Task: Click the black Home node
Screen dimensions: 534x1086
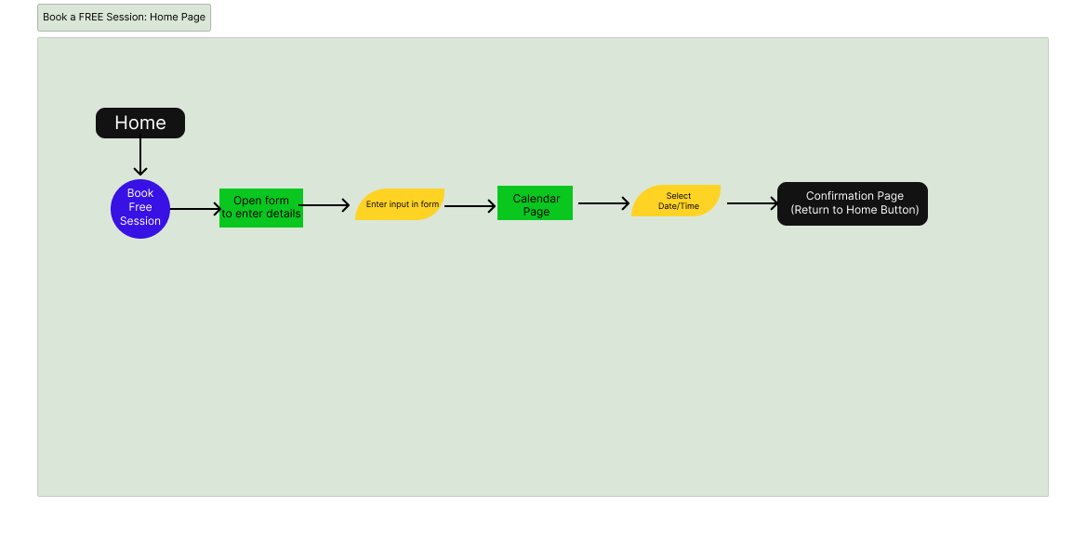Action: point(140,123)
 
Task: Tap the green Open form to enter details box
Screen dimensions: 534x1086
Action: point(261,208)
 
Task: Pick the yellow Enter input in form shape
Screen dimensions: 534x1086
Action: point(400,204)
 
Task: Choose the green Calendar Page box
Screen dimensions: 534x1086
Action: point(535,203)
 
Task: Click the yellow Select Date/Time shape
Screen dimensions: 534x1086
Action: point(676,201)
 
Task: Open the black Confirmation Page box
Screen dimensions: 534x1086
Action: point(853,203)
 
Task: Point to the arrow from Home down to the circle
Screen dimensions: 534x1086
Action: point(140,156)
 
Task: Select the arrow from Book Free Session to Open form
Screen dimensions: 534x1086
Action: point(195,209)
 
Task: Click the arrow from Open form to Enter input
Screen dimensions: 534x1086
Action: point(325,205)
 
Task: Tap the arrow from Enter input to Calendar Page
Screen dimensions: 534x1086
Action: point(470,206)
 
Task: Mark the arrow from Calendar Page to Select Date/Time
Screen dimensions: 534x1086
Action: point(603,203)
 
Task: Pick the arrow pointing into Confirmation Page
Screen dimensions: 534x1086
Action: point(752,203)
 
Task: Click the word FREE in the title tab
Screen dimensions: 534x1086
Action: point(93,18)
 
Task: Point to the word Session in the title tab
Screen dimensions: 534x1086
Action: point(127,18)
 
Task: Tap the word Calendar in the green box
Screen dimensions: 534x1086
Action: point(536,199)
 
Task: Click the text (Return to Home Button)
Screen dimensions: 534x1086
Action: point(854,210)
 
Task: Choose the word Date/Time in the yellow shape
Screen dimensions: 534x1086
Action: point(679,206)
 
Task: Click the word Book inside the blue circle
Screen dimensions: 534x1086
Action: point(140,193)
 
